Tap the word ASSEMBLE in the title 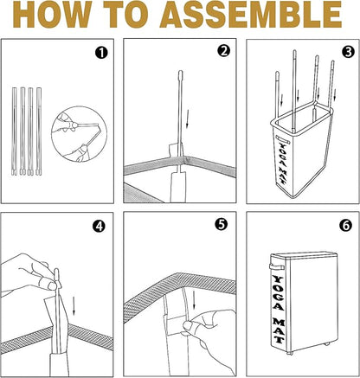tap(251, 14)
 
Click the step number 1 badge tap(101, 53)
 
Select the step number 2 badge tap(223, 51)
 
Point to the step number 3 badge tap(348, 52)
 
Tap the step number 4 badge tap(99, 227)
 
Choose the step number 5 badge tap(222, 225)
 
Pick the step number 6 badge tap(346, 225)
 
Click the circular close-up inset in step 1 tap(79, 134)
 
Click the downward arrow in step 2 tap(188, 119)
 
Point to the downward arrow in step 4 tap(74, 305)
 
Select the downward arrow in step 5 tap(194, 300)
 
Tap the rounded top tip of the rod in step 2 tap(181, 73)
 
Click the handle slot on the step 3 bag tap(283, 139)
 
